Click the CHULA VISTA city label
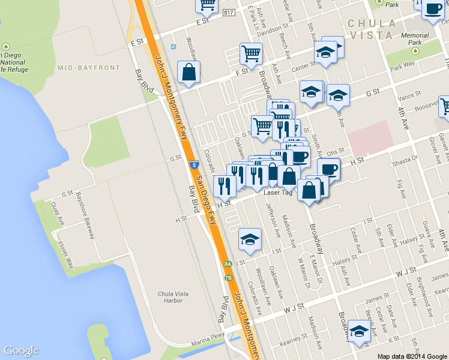coord(371,29)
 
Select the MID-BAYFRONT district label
coord(89,68)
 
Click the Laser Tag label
coord(278,193)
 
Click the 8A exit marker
coord(228,264)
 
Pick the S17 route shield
coord(228,12)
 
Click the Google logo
coord(21,350)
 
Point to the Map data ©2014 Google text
coord(412,356)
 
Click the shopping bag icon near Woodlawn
coord(189,73)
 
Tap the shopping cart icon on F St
coord(251,53)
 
